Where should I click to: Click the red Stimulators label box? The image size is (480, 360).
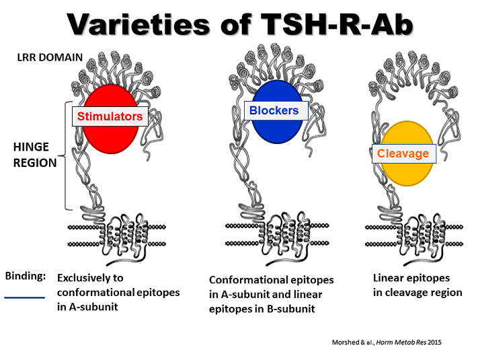[110, 116]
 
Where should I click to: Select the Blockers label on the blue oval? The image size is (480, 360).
[274, 110]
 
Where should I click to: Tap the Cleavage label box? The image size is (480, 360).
[403, 153]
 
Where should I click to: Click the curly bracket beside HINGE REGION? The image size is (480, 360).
[67, 155]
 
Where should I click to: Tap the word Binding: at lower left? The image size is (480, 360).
[26, 276]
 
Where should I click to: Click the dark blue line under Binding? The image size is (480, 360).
[25, 297]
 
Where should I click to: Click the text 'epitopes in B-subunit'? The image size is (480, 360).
[266, 309]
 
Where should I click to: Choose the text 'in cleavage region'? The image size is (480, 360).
[417, 292]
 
